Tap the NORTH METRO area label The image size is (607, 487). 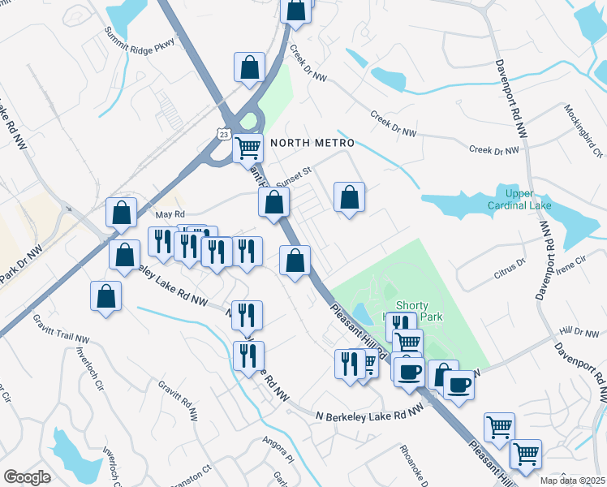click(312, 142)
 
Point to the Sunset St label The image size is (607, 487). click(294, 177)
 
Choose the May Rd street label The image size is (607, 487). click(166, 214)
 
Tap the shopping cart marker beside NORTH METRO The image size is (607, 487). click(248, 148)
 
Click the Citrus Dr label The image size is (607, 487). click(510, 269)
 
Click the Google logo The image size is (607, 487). click(27, 476)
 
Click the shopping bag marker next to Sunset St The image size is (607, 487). click(274, 201)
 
